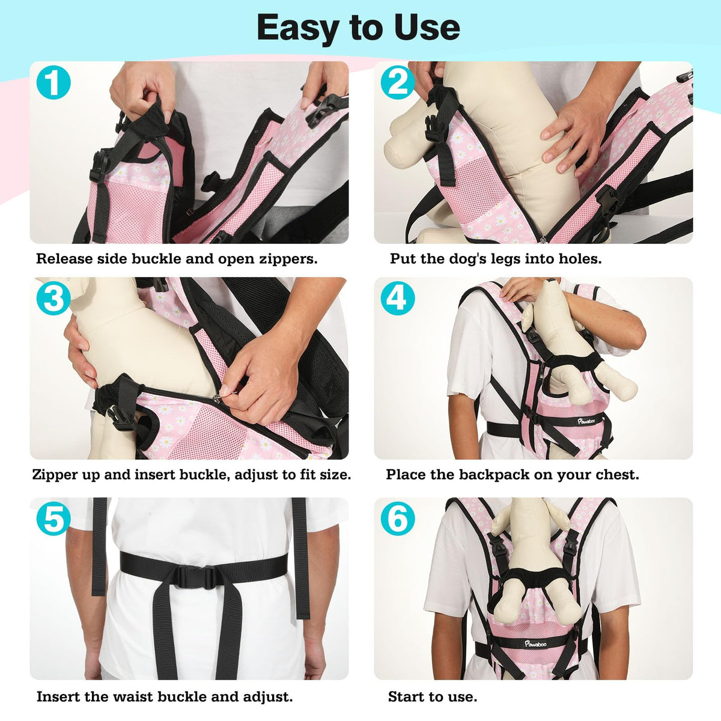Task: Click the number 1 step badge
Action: [53, 82]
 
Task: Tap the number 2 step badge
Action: [398, 82]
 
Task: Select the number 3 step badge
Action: [53, 298]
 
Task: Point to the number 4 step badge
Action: [398, 298]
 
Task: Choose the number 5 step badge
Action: [53, 519]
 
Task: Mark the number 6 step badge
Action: [398, 519]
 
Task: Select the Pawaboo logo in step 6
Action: [535, 643]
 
